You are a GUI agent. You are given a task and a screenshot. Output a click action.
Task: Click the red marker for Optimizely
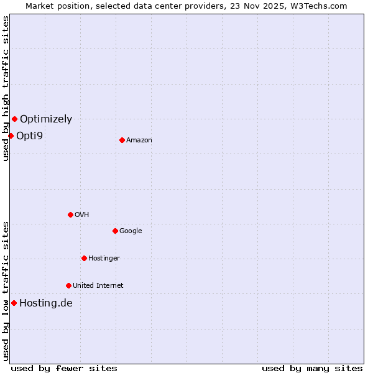tap(14, 119)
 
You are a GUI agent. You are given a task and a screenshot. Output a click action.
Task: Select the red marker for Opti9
tap(11, 136)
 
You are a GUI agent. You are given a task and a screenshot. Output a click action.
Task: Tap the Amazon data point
tap(122, 140)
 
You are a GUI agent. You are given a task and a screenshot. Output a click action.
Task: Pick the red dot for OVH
tap(70, 214)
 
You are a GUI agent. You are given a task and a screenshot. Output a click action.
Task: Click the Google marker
tap(115, 231)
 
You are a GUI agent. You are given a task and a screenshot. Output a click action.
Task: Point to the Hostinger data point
tap(84, 258)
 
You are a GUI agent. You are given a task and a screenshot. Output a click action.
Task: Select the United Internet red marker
tap(68, 285)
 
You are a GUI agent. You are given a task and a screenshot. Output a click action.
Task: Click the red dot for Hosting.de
tap(14, 303)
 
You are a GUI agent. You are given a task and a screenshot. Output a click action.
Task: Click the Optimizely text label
tap(46, 119)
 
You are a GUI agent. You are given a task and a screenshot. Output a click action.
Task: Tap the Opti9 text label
tap(29, 136)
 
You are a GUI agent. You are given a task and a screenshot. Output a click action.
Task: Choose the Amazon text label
tap(139, 140)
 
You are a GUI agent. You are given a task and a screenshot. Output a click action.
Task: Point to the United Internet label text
tap(98, 285)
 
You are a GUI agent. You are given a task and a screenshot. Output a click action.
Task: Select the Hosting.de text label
tap(46, 303)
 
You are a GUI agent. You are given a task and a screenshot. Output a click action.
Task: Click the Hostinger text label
tap(104, 258)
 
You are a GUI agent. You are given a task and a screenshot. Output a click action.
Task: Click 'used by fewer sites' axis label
tap(64, 368)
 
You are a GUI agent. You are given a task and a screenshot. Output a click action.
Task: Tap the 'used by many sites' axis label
tap(312, 368)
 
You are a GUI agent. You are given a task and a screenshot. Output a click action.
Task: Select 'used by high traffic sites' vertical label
tap(6, 88)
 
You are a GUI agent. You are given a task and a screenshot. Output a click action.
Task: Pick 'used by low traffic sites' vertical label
tap(6, 290)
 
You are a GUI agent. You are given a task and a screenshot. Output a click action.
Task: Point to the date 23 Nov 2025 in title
tap(264, 6)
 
